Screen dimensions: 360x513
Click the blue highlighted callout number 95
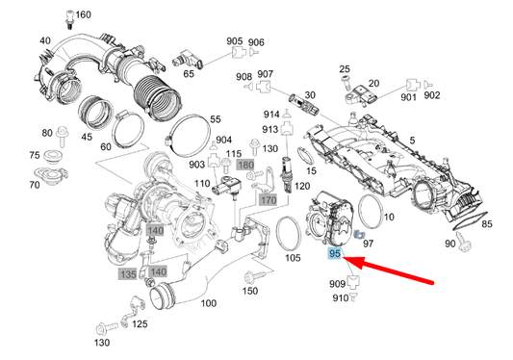click(x=335, y=254)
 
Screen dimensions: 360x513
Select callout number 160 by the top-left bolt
click(x=84, y=14)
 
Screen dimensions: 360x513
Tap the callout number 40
click(x=44, y=40)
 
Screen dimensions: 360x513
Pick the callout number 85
click(x=487, y=224)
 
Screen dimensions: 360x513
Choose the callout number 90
click(x=450, y=244)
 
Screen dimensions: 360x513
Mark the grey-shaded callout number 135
click(x=128, y=273)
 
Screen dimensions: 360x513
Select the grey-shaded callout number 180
click(x=244, y=166)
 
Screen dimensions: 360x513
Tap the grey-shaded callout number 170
click(x=268, y=200)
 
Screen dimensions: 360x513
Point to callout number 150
click(x=251, y=291)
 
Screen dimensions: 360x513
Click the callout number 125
click(x=140, y=324)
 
